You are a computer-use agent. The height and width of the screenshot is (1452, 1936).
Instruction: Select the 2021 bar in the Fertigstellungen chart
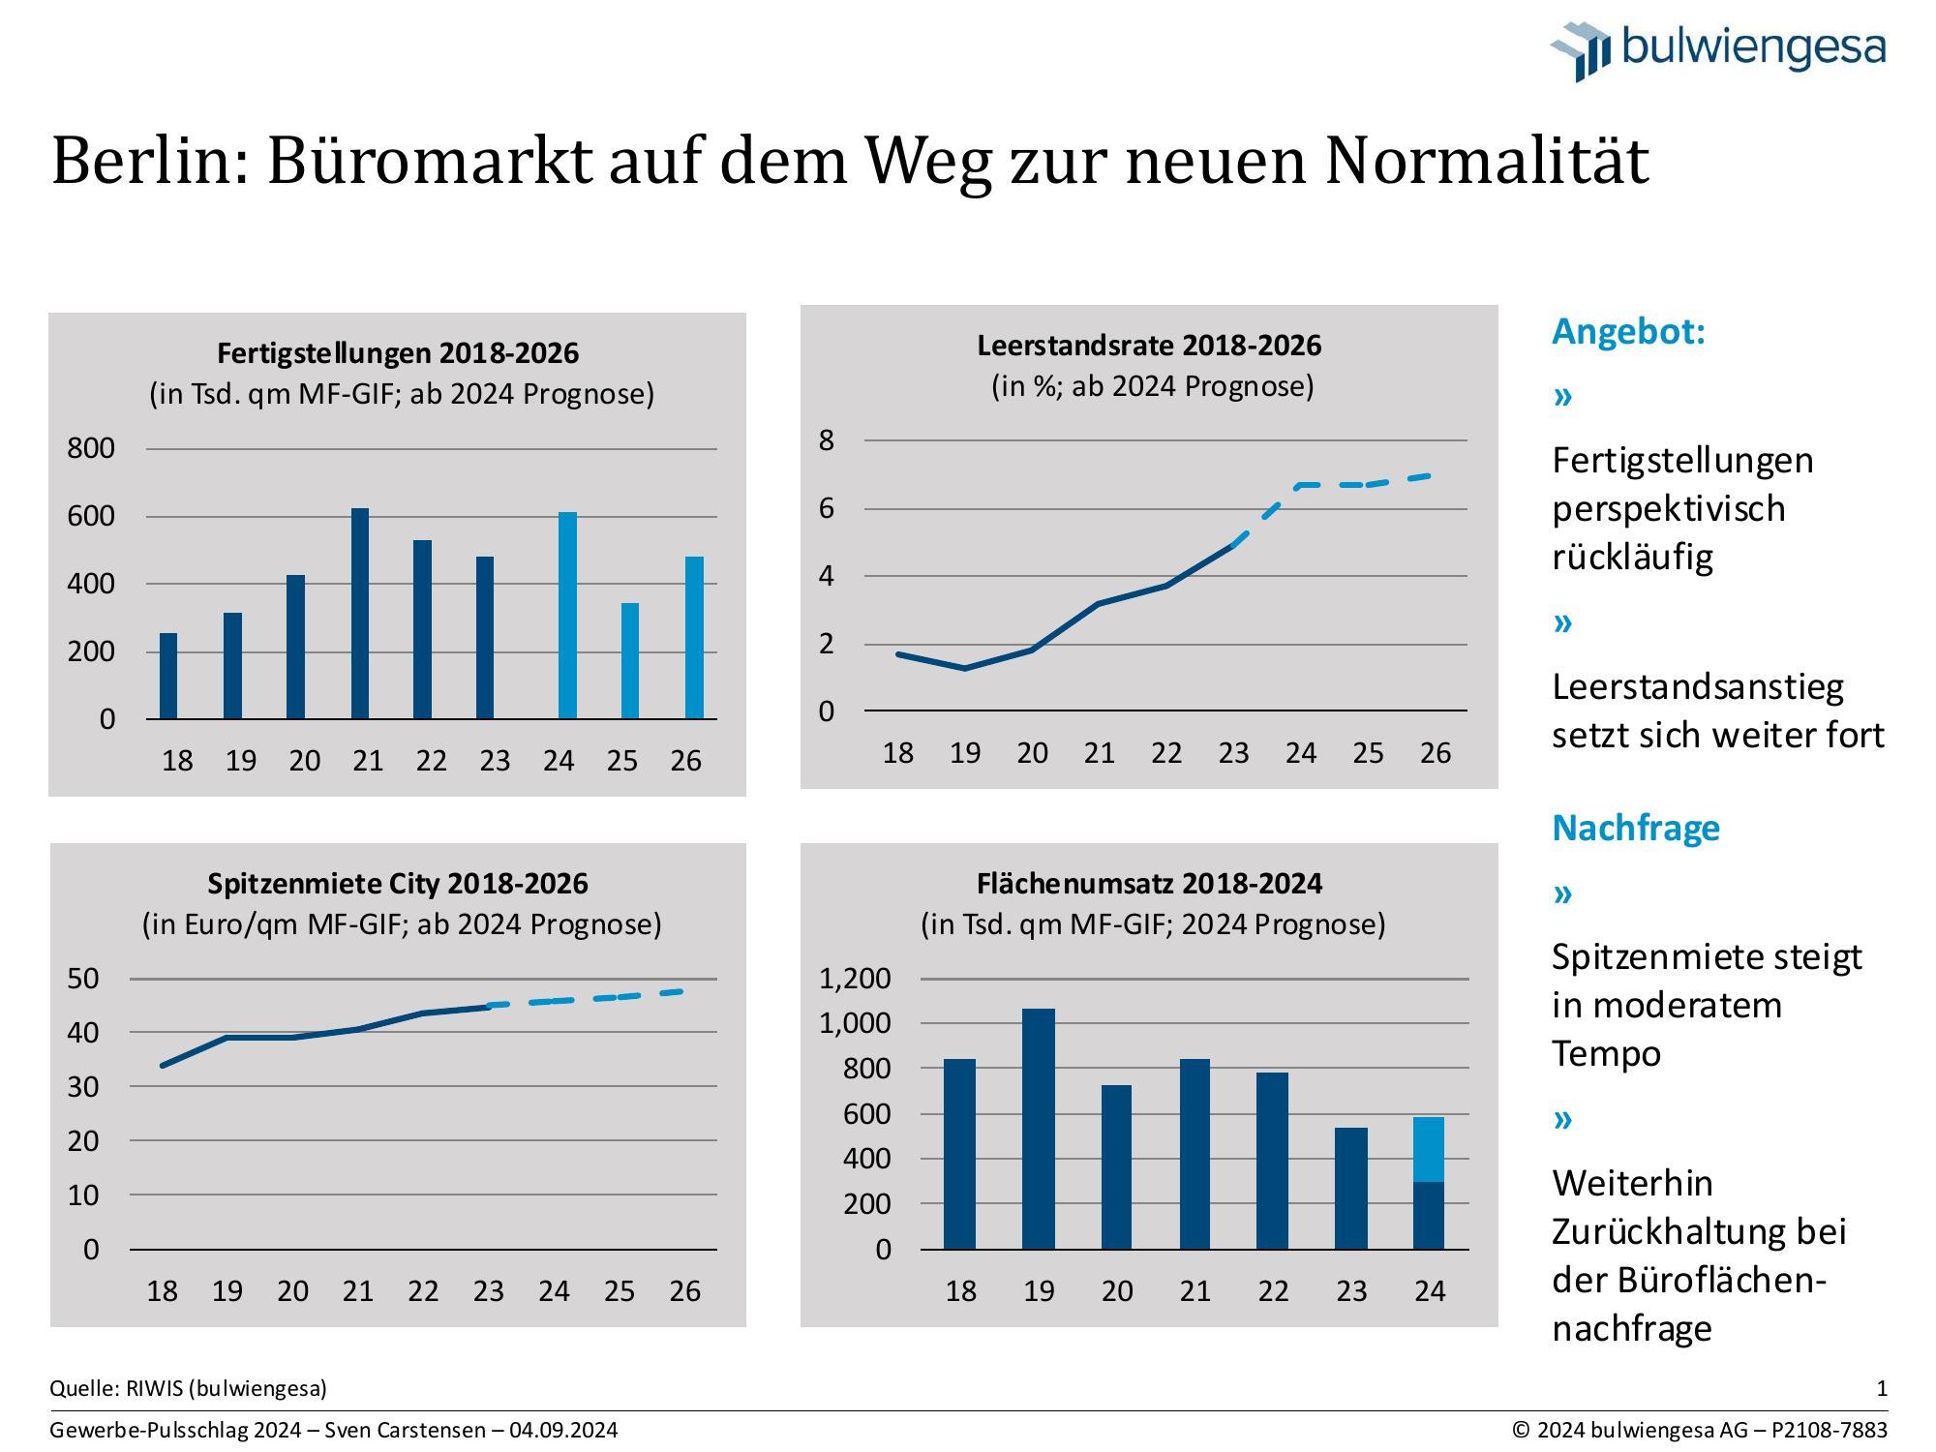point(360,614)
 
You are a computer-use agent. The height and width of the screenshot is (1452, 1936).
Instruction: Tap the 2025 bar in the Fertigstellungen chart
point(629,661)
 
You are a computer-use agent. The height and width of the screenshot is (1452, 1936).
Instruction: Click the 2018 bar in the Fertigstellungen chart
point(168,676)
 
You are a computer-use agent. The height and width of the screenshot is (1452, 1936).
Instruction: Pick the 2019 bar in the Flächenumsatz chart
point(1039,1129)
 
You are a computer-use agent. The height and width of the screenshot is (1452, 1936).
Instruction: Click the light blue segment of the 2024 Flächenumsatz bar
point(1429,1150)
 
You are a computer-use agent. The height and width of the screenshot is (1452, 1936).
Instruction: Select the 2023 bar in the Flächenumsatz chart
point(1351,1189)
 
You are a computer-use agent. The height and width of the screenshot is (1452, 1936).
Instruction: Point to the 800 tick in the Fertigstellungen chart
point(91,448)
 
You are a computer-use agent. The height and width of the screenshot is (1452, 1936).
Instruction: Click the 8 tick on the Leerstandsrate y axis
point(826,440)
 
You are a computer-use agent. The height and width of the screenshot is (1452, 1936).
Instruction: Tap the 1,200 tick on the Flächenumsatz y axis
point(855,979)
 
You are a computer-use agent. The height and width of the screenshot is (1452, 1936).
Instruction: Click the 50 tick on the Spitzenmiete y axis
point(83,979)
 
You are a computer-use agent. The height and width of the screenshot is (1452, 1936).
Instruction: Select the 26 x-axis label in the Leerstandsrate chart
point(1435,753)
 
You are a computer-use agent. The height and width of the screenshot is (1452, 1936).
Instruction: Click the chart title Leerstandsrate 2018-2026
point(1149,346)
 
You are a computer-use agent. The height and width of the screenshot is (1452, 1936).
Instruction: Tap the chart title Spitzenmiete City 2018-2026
point(398,884)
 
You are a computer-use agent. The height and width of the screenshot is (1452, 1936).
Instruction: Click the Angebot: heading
point(1628,332)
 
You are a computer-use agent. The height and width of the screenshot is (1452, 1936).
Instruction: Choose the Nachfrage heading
point(1636,829)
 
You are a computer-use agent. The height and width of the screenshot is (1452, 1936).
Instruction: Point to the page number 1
point(1882,1389)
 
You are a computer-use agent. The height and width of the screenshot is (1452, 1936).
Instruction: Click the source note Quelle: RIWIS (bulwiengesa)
point(188,1389)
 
